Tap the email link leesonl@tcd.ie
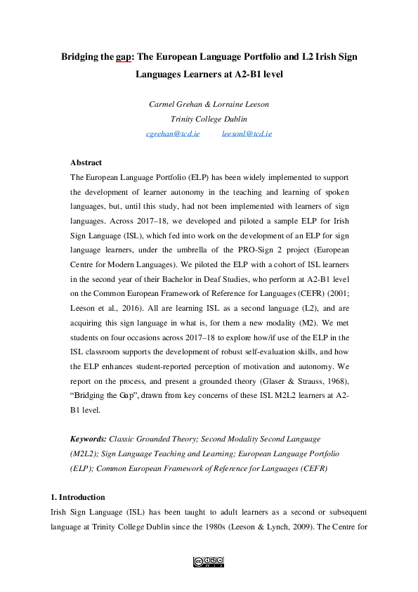pyautogui.click(x=247, y=133)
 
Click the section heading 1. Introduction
pyautogui.click(x=81, y=497)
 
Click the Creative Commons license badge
pyautogui.click(x=209, y=562)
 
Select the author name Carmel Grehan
pyautogui.click(x=173, y=104)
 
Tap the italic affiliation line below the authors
pyautogui.click(x=209, y=118)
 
